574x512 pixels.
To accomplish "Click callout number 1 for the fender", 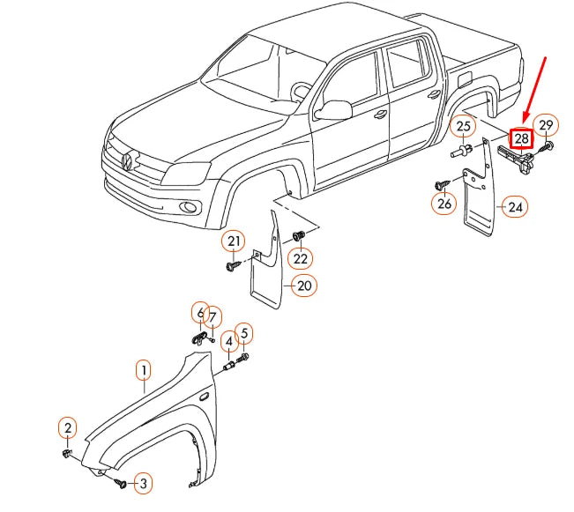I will point(143,371).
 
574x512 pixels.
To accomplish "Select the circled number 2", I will point(68,429).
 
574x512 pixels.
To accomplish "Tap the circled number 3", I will point(140,483).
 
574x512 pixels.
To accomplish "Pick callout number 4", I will point(228,341).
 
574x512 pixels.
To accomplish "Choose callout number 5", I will point(244,333).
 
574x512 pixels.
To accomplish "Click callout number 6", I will point(200,313).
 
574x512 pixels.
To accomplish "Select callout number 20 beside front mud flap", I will point(304,286).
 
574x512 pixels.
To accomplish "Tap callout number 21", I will point(233,241).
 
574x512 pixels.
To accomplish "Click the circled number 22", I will point(301,258).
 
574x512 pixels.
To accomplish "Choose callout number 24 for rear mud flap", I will point(514,208).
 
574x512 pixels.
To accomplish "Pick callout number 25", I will point(464,128).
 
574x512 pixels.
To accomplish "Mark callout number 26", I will point(444,204).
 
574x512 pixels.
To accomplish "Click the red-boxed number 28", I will point(522,138).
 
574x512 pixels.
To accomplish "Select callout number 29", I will point(546,125).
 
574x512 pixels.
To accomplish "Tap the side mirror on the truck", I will point(333,109).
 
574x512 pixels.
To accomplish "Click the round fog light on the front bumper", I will point(188,208).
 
